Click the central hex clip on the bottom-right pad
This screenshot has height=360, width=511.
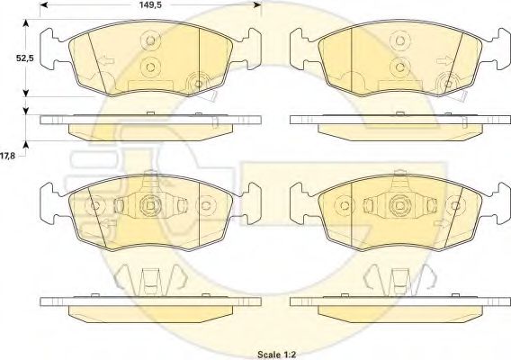coord(397,207)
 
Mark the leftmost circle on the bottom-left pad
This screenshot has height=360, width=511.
coord(91,206)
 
